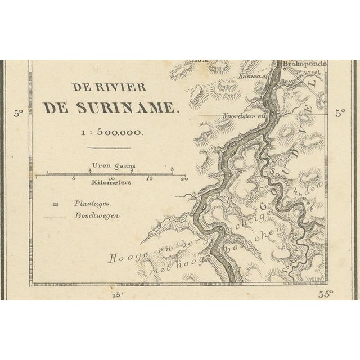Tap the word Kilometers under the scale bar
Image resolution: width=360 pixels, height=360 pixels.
point(109,183)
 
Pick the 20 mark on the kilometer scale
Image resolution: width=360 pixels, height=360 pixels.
point(183,179)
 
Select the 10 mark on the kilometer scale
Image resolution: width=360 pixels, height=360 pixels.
point(111,179)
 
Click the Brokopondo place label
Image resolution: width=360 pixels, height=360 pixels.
point(304,64)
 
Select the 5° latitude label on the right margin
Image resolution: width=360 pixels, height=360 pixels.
point(341,112)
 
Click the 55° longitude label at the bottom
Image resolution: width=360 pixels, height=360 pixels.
point(326,293)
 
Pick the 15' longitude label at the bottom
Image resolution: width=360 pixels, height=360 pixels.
point(117,294)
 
